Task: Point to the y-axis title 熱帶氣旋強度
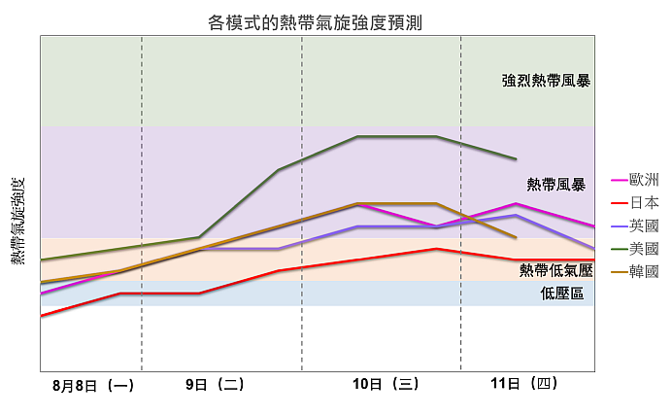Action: coord(17,223)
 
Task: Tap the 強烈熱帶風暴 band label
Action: coord(546,81)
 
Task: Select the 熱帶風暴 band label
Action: coord(555,184)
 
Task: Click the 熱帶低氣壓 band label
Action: coord(555,269)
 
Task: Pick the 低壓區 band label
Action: coord(562,293)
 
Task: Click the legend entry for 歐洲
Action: coord(644,180)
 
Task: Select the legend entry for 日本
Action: coord(644,202)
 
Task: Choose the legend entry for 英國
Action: coord(644,225)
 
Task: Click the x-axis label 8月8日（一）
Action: coord(93,385)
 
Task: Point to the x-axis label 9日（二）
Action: coord(215,384)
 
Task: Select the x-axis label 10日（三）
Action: coord(386,384)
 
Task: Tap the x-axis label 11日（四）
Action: coord(524,384)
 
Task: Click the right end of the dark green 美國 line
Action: coord(516,158)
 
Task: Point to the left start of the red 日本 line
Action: coord(41,316)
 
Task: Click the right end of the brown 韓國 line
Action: coord(516,237)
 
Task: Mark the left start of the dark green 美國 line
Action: coord(41,260)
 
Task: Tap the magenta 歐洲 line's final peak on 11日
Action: coord(516,204)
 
